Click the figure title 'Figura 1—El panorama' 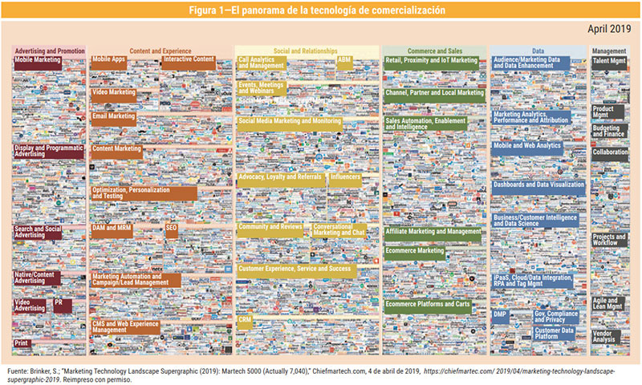pyautogui.click(x=321, y=10)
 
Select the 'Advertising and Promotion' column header pyautogui.click(x=49, y=51)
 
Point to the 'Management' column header pyautogui.click(x=610, y=51)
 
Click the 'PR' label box pyautogui.click(x=59, y=302)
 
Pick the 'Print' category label pyautogui.click(x=22, y=343)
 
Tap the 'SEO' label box pyautogui.click(x=172, y=228)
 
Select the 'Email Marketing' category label pyautogui.click(x=113, y=116)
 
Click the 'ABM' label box pyautogui.click(x=344, y=60)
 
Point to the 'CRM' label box pyautogui.click(x=246, y=319)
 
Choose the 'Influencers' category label pyautogui.click(x=345, y=176)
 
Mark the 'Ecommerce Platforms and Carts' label pyautogui.click(x=429, y=304)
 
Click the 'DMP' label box pyautogui.click(x=500, y=314)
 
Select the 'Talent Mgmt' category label pyautogui.click(x=609, y=60)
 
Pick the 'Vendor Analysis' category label pyautogui.click(x=603, y=337)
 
